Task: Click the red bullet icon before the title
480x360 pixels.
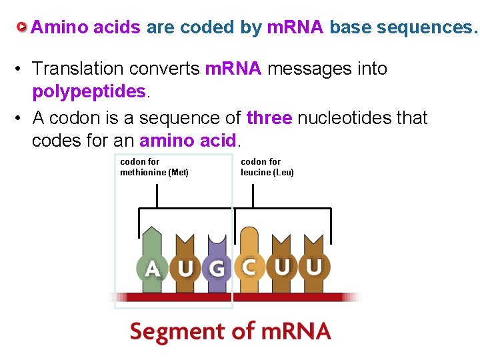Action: coord(22,27)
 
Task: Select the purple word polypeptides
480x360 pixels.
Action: coord(89,91)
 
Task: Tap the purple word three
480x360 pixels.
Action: coord(269,118)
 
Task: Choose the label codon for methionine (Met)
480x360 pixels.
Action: coord(154,167)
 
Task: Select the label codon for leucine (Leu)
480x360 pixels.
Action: coord(267,167)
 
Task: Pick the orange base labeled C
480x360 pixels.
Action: coord(249,267)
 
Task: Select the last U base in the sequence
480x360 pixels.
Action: coord(314,267)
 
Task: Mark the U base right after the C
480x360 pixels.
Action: coord(282,267)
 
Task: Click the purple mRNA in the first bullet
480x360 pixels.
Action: coord(233,69)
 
